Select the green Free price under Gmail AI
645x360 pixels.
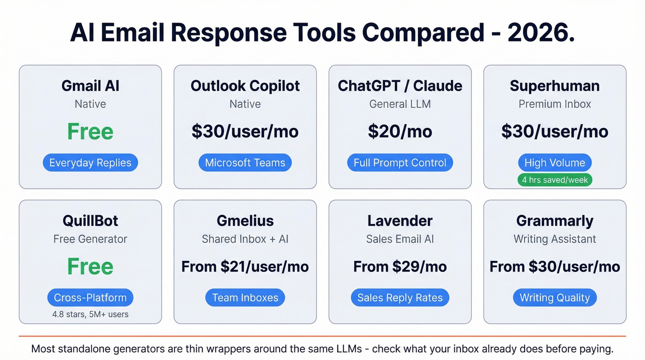pos(90,131)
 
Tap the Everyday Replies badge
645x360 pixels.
pos(90,163)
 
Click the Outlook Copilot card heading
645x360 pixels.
pos(245,86)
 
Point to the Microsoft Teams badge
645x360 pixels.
pos(245,163)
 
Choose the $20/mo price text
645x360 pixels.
pos(400,131)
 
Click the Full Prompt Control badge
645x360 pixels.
pos(400,163)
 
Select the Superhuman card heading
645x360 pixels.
pos(555,86)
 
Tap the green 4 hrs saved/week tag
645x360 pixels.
pos(555,180)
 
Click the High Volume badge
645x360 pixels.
pos(555,163)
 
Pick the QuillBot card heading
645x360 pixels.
pos(90,221)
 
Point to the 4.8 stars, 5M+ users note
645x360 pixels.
pos(90,314)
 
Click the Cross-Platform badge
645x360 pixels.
pos(90,298)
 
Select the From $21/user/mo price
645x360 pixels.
pos(245,266)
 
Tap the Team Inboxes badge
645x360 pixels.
pos(245,298)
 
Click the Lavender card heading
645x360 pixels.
pos(400,221)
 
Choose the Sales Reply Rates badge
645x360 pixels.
pos(400,298)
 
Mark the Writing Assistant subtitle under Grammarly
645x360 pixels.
pos(555,239)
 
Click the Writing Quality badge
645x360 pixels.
pos(555,298)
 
